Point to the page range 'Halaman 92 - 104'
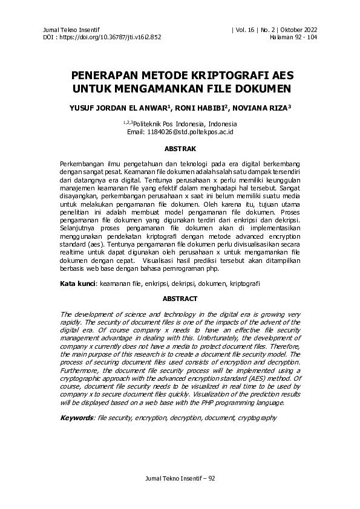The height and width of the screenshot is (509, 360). click(x=293, y=37)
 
